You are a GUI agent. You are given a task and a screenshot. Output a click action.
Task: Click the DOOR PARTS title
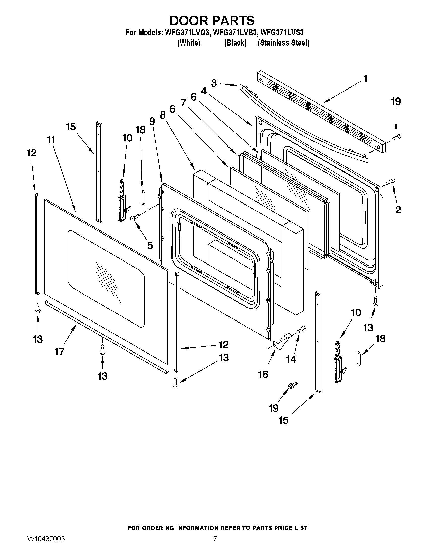pos(212,21)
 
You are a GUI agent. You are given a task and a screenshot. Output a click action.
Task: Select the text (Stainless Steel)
pos(283,43)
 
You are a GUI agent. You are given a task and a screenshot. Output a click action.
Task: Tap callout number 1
pos(365,79)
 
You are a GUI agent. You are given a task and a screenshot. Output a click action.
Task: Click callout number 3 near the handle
pos(214,83)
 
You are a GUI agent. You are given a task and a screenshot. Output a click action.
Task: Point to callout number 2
pos(398,210)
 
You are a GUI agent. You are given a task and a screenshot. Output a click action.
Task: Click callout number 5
pos(150,246)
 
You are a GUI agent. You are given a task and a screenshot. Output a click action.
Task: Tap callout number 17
pos(60,352)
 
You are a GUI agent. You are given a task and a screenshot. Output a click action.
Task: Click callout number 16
pos(263,374)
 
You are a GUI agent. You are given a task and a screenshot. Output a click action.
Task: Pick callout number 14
pos(291,359)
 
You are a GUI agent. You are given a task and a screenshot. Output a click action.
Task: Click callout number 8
pos(163,115)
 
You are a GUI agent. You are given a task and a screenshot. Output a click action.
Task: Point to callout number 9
pos(152,121)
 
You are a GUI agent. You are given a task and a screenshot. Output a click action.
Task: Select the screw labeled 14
pos(301,330)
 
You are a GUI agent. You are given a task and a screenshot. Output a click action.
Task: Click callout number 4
pos(204,91)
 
